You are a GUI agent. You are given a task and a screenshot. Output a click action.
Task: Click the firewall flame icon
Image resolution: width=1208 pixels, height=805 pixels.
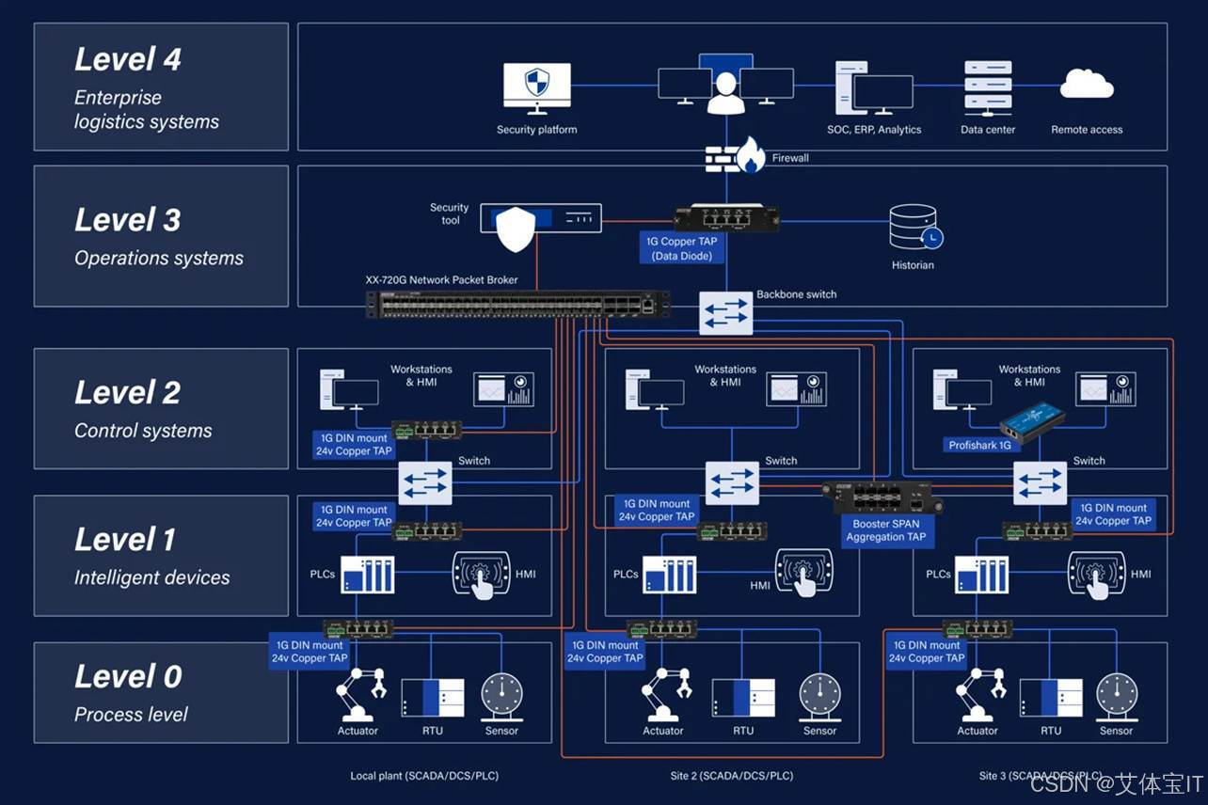(x=750, y=156)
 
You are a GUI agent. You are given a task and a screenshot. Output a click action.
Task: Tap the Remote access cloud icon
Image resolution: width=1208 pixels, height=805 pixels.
(x=1087, y=87)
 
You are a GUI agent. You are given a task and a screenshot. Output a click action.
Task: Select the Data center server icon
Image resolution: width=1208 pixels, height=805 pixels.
(x=988, y=88)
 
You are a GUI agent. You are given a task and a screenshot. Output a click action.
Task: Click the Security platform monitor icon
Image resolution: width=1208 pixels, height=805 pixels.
(x=536, y=88)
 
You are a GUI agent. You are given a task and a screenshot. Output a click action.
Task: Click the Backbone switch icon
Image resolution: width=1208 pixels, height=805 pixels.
(x=725, y=313)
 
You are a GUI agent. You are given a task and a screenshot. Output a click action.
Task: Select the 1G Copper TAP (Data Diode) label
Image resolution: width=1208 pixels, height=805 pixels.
(x=682, y=248)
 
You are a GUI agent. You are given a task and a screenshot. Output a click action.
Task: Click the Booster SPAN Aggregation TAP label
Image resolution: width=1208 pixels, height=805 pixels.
(x=885, y=530)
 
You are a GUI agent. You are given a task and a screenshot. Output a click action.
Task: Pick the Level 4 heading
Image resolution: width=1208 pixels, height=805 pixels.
(x=128, y=59)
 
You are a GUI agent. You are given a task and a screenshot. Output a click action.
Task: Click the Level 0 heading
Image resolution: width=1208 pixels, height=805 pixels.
(x=128, y=676)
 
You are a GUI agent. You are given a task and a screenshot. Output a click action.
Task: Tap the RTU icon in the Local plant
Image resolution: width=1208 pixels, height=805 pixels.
(x=432, y=698)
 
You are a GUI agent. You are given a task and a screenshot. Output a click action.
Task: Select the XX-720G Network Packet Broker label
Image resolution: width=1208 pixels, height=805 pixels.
(x=441, y=279)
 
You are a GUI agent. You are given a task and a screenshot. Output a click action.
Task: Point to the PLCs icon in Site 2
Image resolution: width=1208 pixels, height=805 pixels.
(x=670, y=574)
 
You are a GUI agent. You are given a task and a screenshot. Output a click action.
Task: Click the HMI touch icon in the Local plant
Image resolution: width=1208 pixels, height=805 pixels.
(x=483, y=575)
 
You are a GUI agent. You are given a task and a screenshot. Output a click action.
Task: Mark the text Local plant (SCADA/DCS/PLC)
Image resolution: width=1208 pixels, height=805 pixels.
(x=424, y=776)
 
